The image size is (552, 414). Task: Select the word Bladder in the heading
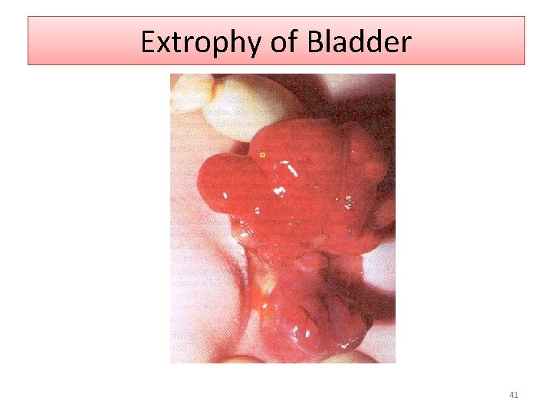click(359, 42)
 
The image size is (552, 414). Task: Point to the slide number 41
click(514, 396)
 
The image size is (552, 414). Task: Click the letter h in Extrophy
click(238, 42)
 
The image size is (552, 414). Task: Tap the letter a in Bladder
click(340, 44)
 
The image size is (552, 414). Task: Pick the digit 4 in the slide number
click(511, 396)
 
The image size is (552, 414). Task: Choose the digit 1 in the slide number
click(517, 396)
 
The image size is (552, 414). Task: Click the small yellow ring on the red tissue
click(262, 155)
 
